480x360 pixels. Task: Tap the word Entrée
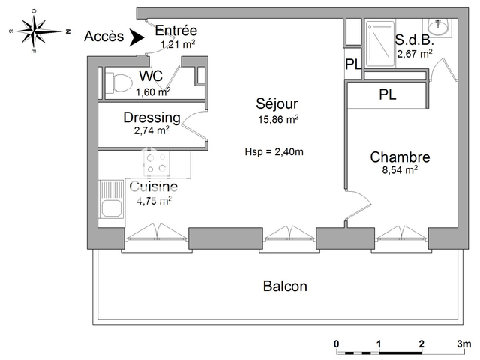pos(175,31)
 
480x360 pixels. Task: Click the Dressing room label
pos(151,118)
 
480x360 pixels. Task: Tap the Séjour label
pos(277,103)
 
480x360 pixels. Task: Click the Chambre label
pos(400,157)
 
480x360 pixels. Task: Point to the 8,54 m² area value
pos(400,170)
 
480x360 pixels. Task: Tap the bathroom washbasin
pos(437,28)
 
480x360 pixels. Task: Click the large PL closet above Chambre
pos(387,95)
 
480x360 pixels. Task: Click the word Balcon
pos(285,286)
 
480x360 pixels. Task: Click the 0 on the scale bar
pos(337,344)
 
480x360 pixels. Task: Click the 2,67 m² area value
pos(414,54)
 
